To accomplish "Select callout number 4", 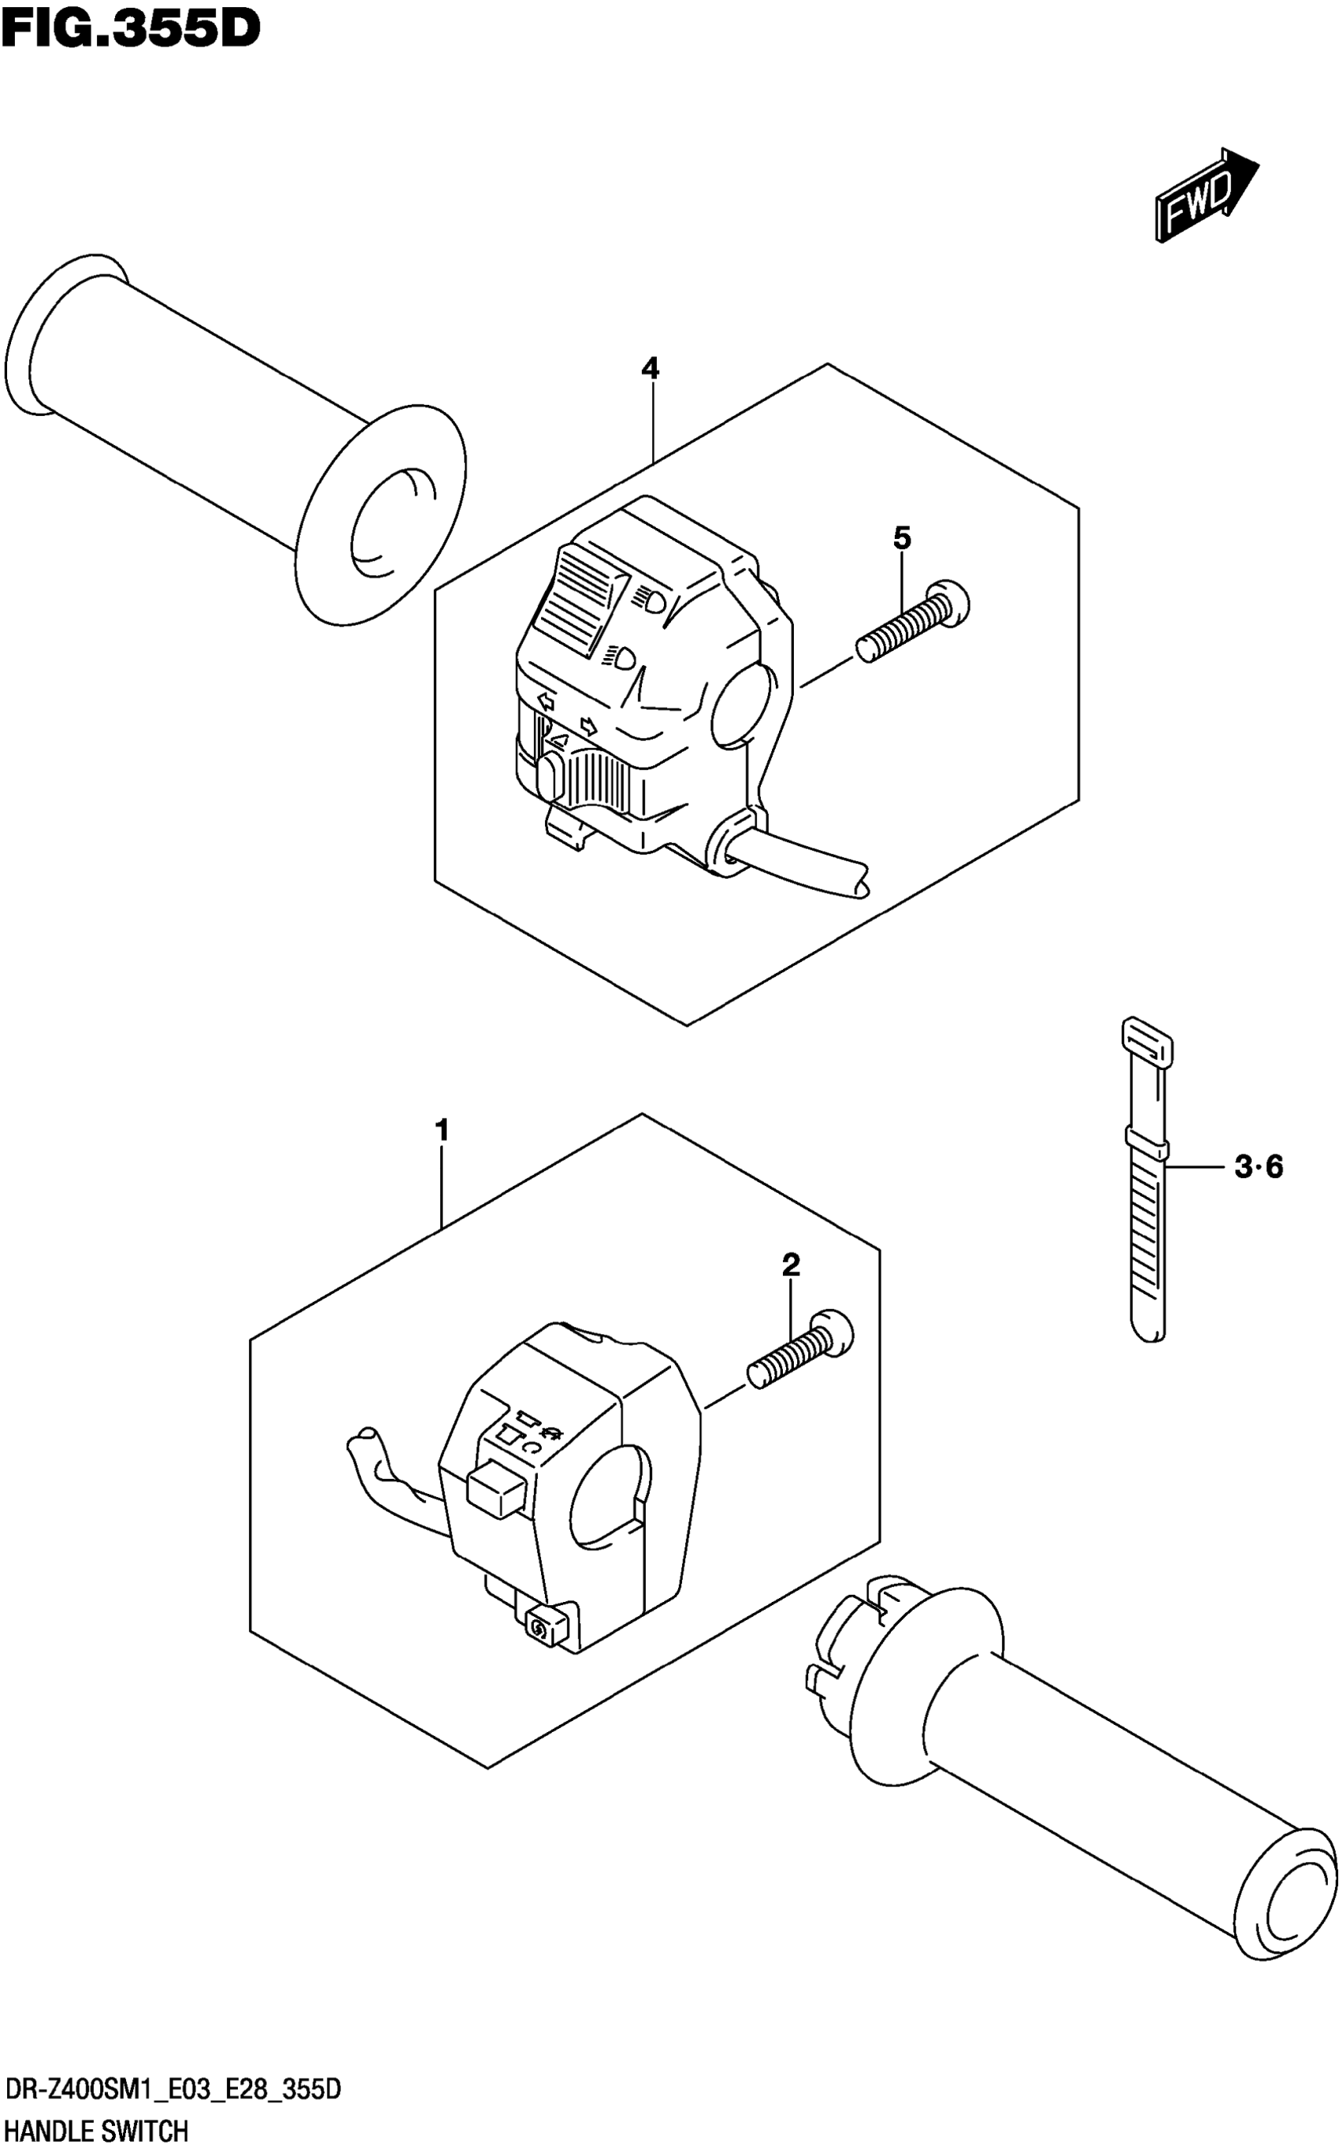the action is tap(650, 368).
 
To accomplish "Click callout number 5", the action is tap(902, 537).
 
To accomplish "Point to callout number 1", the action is tap(442, 1132).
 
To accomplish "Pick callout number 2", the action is tap(791, 1265).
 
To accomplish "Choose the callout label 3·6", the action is tap(1259, 1168).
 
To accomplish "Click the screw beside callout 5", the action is tap(912, 623).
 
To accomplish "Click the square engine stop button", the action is tap(498, 1490).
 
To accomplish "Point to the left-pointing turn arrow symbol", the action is tap(546, 702).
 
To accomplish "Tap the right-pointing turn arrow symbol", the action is tap(587, 726).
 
